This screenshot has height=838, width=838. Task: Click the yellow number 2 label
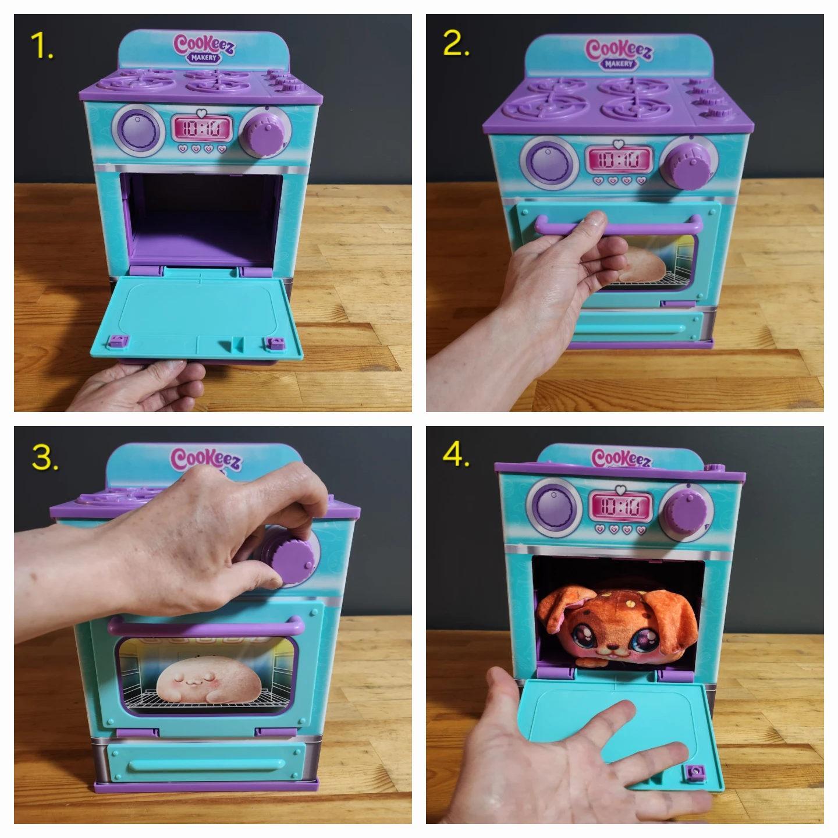(456, 44)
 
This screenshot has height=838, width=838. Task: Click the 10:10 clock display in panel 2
(619, 159)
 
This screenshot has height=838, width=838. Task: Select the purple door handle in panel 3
(206, 627)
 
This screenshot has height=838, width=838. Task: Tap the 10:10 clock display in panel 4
(620, 505)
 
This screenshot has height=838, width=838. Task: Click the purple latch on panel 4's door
(694, 772)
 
